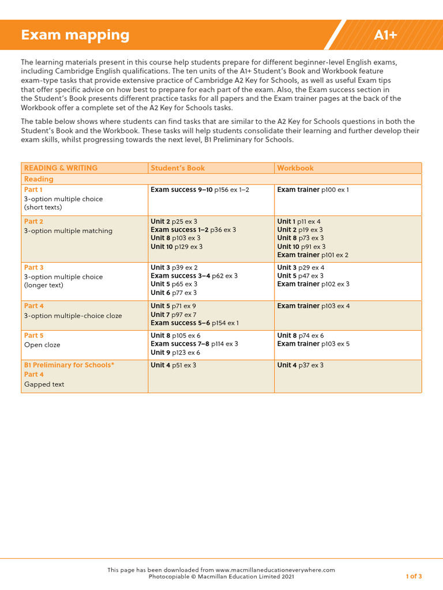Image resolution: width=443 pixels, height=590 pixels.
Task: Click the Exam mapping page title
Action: point(75,35)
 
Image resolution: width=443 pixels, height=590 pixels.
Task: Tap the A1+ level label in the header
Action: point(385,35)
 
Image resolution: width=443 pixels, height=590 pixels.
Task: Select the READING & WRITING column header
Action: point(61,168)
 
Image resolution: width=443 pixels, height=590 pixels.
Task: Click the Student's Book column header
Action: point(178,168)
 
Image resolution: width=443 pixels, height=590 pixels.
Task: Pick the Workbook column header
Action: point(295,168)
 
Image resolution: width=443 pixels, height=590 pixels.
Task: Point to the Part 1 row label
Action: point(33,190)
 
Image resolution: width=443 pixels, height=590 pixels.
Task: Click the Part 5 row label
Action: point(33,335)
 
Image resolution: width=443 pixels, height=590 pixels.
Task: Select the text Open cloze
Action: point(42,345)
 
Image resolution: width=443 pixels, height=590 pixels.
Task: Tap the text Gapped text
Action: point(44,384)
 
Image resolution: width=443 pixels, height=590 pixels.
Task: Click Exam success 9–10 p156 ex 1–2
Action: point(200,190)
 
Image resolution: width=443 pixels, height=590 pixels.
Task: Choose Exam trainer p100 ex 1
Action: point(313,190)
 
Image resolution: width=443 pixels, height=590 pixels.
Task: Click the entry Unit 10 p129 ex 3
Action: point(177,247)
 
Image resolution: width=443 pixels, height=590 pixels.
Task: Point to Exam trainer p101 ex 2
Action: point(313,255)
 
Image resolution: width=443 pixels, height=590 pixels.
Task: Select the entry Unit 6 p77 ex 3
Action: point(174,293)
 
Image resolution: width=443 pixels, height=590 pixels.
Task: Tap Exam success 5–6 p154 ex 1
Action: point(194,323)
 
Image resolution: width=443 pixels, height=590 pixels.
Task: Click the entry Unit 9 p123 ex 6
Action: point(175,353)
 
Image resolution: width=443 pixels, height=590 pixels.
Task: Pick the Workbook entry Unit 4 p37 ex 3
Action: point(300,365)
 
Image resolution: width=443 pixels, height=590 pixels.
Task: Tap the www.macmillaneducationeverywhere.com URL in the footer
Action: point(275,570)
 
